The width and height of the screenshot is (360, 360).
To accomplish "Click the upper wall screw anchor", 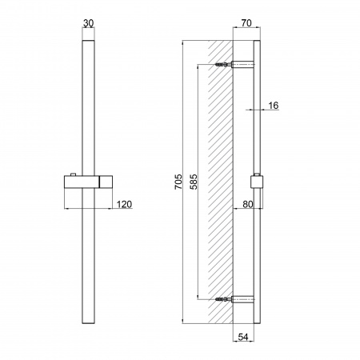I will [222, 65].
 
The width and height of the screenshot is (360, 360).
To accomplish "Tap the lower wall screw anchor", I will [222, 301].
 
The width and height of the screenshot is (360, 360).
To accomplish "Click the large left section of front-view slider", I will [80, 182].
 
